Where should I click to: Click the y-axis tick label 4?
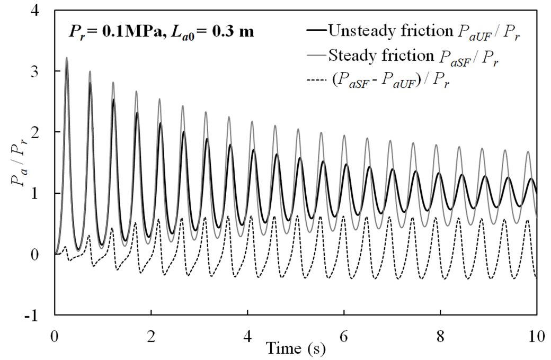click(39, 10)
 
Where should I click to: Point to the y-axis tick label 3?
click(39, 71)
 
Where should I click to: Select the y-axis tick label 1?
click(39, 194)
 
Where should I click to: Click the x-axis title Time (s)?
click(295, 349)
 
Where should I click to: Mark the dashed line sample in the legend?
click(316, 80)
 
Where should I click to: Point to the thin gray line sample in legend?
click(316, 55)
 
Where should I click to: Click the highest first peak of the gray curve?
click(67, 58)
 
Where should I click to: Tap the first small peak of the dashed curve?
click(65, 247)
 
